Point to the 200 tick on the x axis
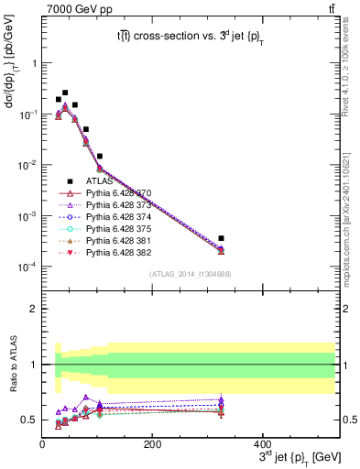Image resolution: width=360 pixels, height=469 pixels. coord(153,443)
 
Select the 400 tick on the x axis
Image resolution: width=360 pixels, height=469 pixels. coord(263,443)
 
